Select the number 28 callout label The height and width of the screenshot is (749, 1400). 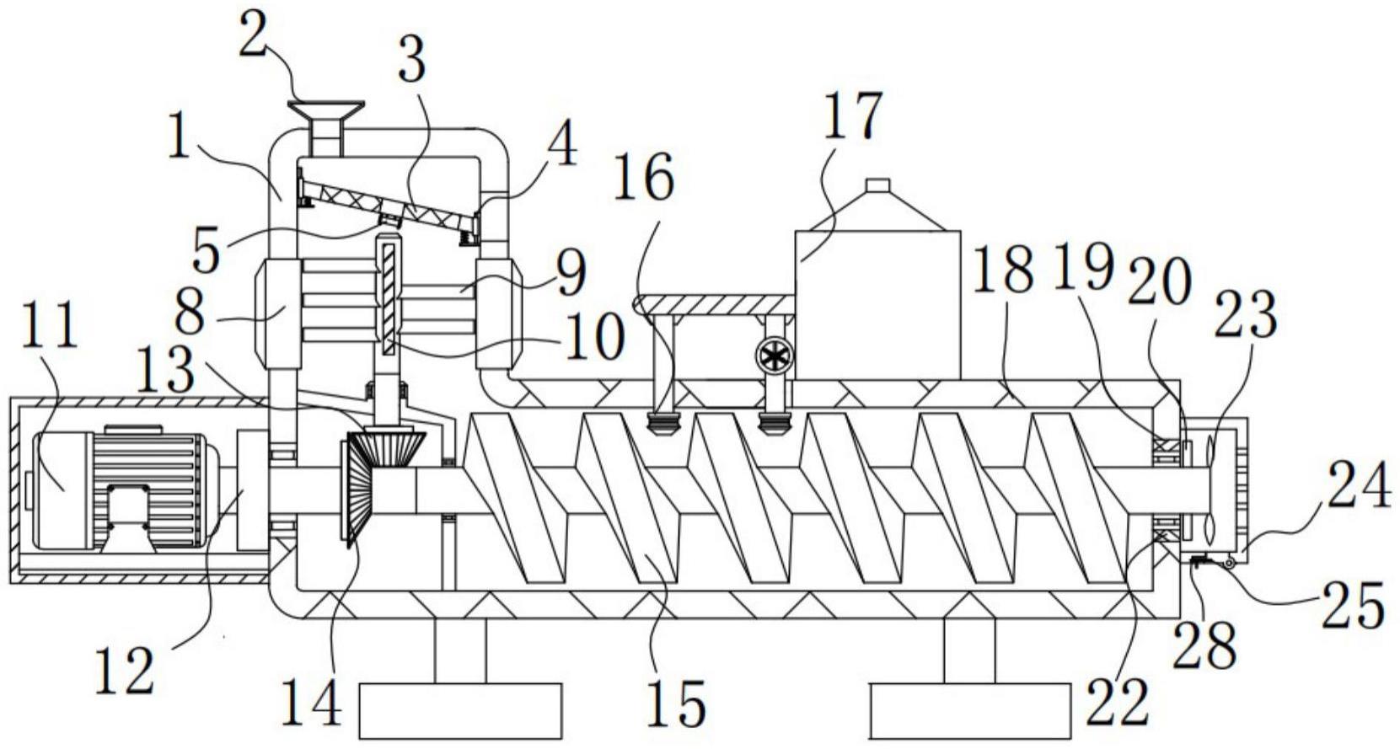[1207, 643]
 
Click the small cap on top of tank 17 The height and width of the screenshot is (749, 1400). [878, 185]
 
